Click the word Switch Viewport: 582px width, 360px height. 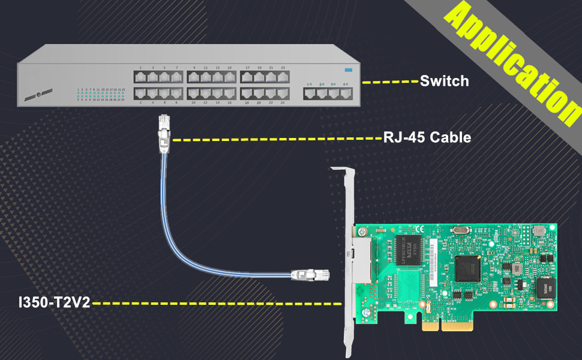tap(444, 80)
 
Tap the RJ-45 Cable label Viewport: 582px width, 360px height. tap(427, 137)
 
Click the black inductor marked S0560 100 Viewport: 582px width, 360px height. tap(546, 288)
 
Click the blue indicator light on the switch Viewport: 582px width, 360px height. tap(349, 70)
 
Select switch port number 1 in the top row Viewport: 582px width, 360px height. tap(140, 77)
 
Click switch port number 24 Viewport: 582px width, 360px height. tap(283, 93)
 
